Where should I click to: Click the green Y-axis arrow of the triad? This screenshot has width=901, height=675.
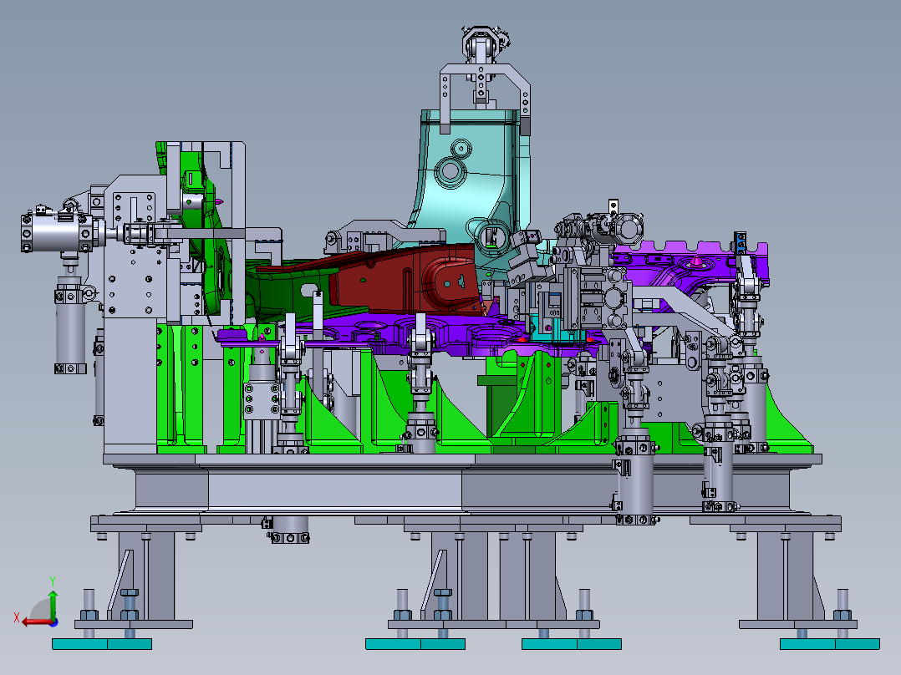[52, 600]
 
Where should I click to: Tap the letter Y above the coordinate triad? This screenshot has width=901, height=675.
[52, 579]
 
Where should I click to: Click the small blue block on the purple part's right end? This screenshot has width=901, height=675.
[741, 242]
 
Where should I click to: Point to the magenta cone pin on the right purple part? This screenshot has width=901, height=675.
[695, 261]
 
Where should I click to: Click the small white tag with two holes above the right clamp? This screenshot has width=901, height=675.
[613, 205]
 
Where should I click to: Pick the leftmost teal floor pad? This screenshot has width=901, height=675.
[79, 643]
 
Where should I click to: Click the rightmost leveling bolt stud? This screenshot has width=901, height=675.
[842, 601]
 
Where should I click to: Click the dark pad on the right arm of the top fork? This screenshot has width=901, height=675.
[527, 127]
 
